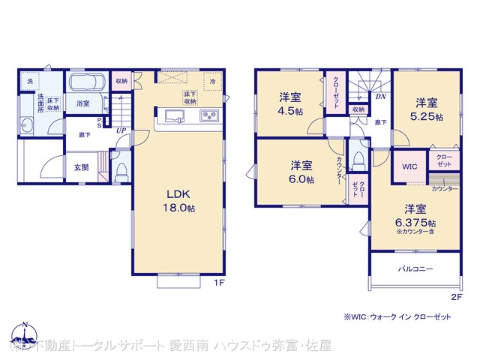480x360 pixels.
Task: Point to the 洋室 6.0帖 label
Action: pyautogui.click(x=301, y=172)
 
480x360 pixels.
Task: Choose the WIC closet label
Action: pyautogui.click(x=409, y=166)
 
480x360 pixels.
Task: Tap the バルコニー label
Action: pyautogui.click(x=415, y=268)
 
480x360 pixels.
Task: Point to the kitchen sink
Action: pyautogui.click(x=173, y=116)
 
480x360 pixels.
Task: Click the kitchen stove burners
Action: pyautogui.click(x=208, y=116)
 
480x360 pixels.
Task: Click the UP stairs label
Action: pyautogui.click(x=121, y=130)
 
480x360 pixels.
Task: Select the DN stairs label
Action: pyautogui.click(x=380, y=97)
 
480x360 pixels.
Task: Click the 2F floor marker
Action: pyautogui.click(x=455, y=297)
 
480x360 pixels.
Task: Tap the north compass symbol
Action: pyautogui.click(x=24, y=334)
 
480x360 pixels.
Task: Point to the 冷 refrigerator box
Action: pyautogui.click(x=213, y=80)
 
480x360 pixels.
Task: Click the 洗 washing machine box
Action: pyautogui.click(x=30, y=80)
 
